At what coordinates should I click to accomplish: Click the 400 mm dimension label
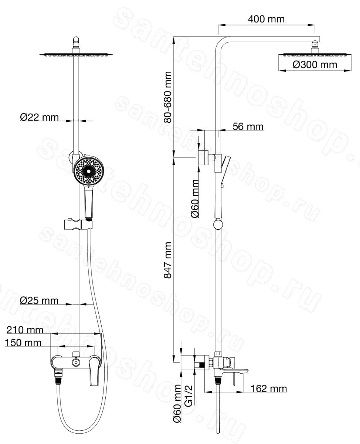pos(266,19)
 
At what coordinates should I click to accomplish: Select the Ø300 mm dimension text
pos(315,65)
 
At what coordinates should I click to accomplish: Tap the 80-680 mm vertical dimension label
pos(167,97)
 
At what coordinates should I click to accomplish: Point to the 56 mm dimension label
pos(248,127)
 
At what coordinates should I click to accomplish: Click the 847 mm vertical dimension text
pos(167,260)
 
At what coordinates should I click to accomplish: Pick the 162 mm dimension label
pos(269,388)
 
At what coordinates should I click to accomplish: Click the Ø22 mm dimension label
pos(39,117)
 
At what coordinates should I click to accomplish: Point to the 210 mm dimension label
pos(25,330)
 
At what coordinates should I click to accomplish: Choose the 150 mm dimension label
pos(23,343)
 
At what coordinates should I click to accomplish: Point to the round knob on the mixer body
pos(76,362)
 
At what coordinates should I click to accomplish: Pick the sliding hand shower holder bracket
pos(78,224)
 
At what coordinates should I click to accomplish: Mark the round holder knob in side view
pos(218,225)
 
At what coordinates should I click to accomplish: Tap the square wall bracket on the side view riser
pos(204,158)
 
